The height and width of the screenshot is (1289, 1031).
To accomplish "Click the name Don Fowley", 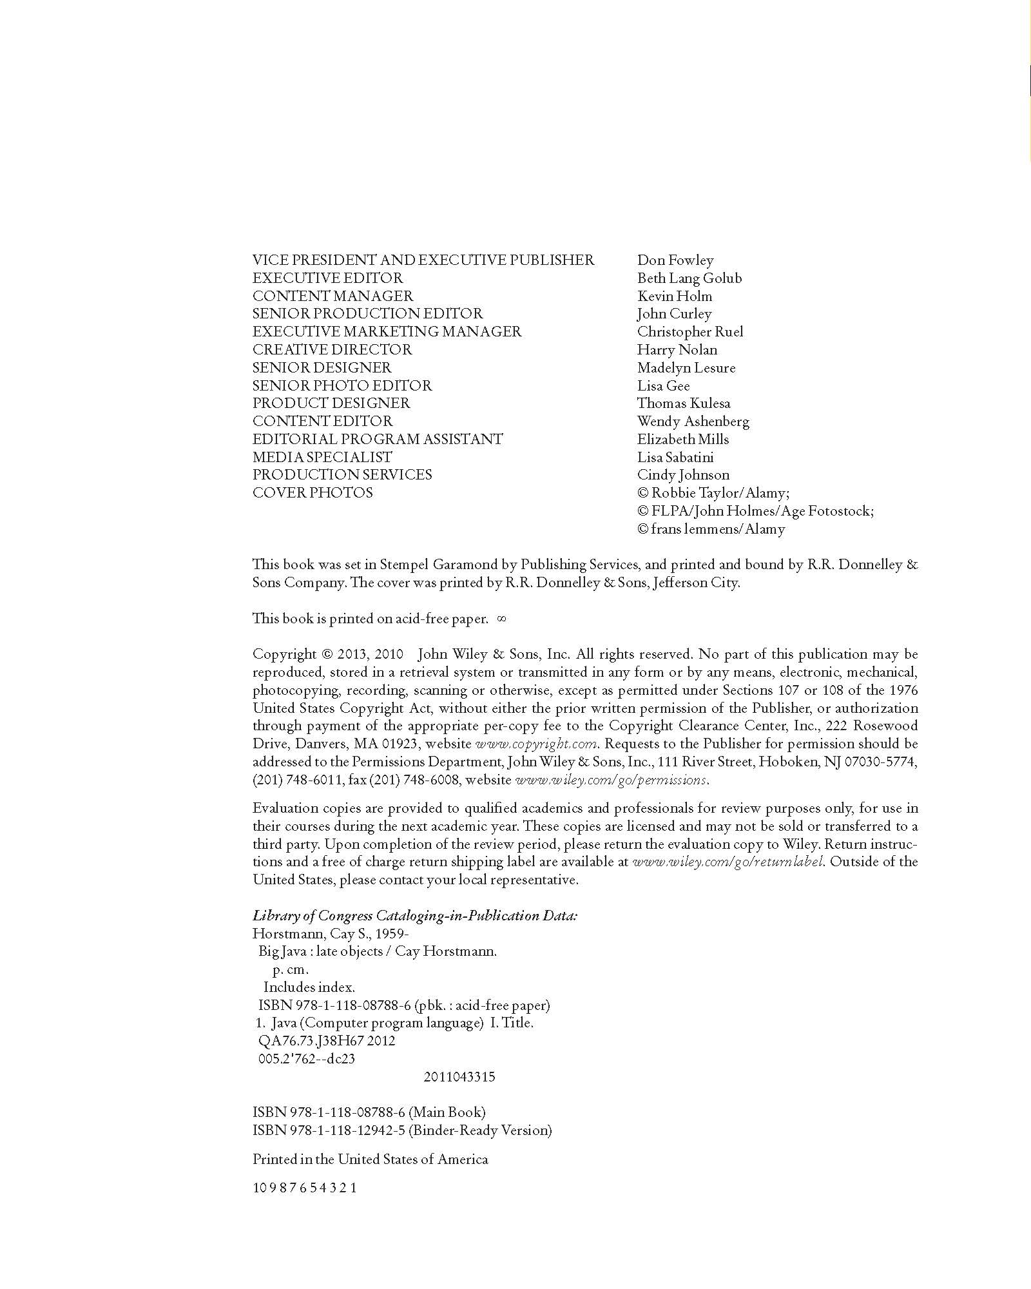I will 675,260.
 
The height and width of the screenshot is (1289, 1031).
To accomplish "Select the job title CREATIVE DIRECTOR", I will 332,349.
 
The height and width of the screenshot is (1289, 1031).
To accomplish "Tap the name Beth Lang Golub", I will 689,278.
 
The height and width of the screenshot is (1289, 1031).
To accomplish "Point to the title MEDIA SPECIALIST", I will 322,457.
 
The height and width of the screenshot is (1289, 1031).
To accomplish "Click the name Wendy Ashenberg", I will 693,422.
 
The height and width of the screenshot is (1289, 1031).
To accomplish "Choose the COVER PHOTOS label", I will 313,492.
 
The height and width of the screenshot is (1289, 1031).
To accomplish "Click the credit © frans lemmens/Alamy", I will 711,529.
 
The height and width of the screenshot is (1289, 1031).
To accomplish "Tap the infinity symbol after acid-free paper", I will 503,619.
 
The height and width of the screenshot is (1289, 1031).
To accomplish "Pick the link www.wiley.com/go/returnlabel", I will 727,862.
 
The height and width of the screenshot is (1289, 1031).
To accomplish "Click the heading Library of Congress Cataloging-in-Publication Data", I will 415,916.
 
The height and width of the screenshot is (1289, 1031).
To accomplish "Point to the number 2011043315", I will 459,1077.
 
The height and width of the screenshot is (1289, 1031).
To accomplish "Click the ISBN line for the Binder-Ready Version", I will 402,1130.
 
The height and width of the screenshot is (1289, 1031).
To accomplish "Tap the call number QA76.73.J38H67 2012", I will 326,1040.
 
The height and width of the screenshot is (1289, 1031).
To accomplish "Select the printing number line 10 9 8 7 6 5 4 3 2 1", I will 305,1188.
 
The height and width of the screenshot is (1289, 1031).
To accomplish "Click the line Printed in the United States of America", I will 370,1159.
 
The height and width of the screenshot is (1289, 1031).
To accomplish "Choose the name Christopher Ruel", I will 690,332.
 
